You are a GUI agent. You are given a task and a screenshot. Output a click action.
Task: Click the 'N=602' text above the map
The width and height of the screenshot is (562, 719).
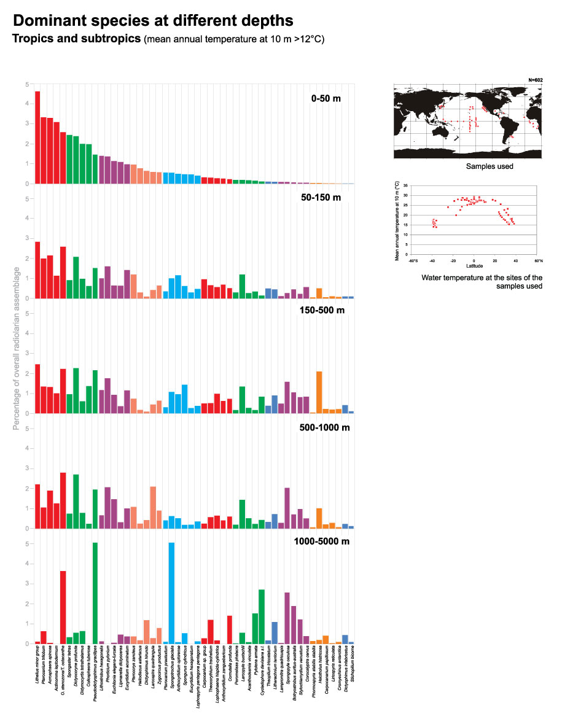click(x=536, y=79)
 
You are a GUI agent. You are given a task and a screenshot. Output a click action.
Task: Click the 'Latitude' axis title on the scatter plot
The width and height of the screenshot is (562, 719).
click(x=474, y=266)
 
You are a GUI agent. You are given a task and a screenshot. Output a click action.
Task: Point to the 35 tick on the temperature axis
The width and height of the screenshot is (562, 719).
click(x=406, y=184)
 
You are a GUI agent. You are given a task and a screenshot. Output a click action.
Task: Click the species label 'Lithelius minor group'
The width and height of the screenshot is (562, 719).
click(x=38, y=669)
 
